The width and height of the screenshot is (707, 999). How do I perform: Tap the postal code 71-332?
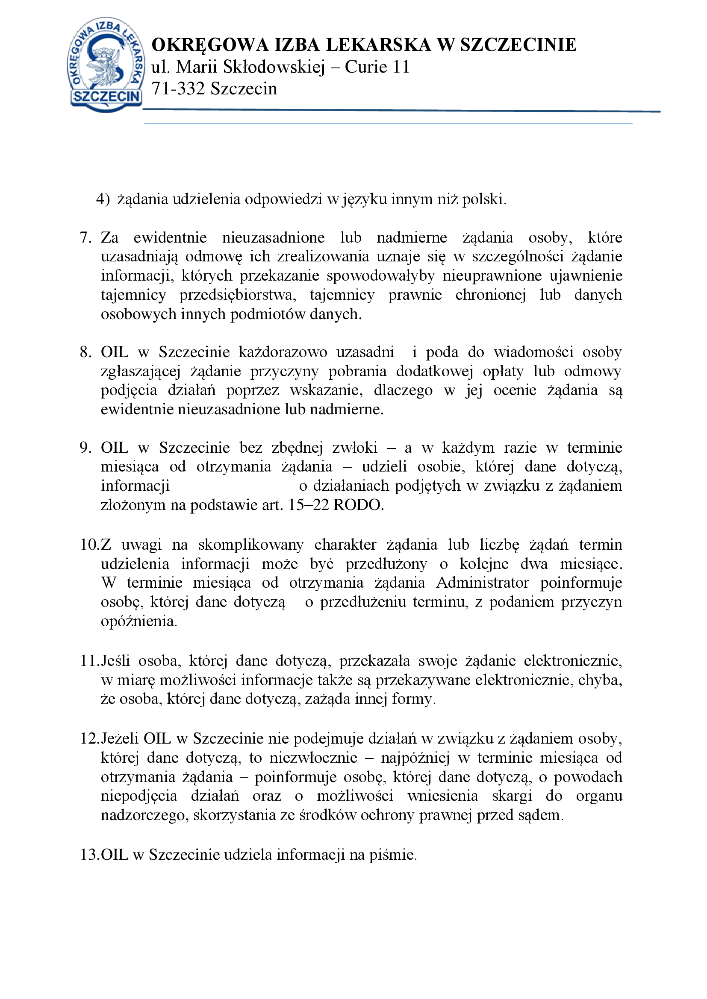point(178,89)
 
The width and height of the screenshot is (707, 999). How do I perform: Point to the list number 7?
point(85,237)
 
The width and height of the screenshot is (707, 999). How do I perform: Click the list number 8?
point(85,352)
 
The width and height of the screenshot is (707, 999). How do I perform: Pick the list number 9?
point(85,448)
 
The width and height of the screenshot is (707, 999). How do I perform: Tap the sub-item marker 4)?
point(103,199)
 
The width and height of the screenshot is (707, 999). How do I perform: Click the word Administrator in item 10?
point(482,583)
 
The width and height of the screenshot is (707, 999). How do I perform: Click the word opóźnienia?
point(138,621)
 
